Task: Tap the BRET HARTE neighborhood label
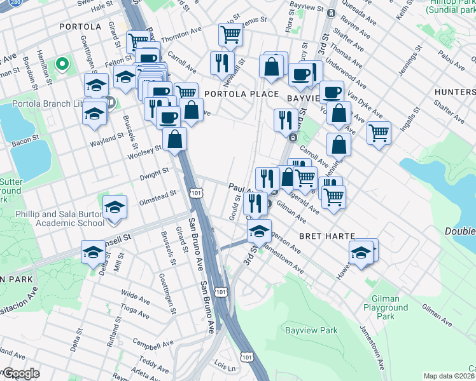pyautogui.click(x=326, y=236)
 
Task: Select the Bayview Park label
pyautogui.click(x=311, y=330)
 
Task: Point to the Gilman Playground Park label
pyautogui.click(x=382, y=307)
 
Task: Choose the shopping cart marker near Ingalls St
pyautogui.click(x=379, y=133)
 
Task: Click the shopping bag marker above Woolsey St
pyautogui.click(x=174, y=138)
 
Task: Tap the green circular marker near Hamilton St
pyautogui.click(x=62, y=63)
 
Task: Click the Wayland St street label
pyautogui.click(x=107, y=138)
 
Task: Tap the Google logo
pyautogui.click(x=20, y=373)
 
